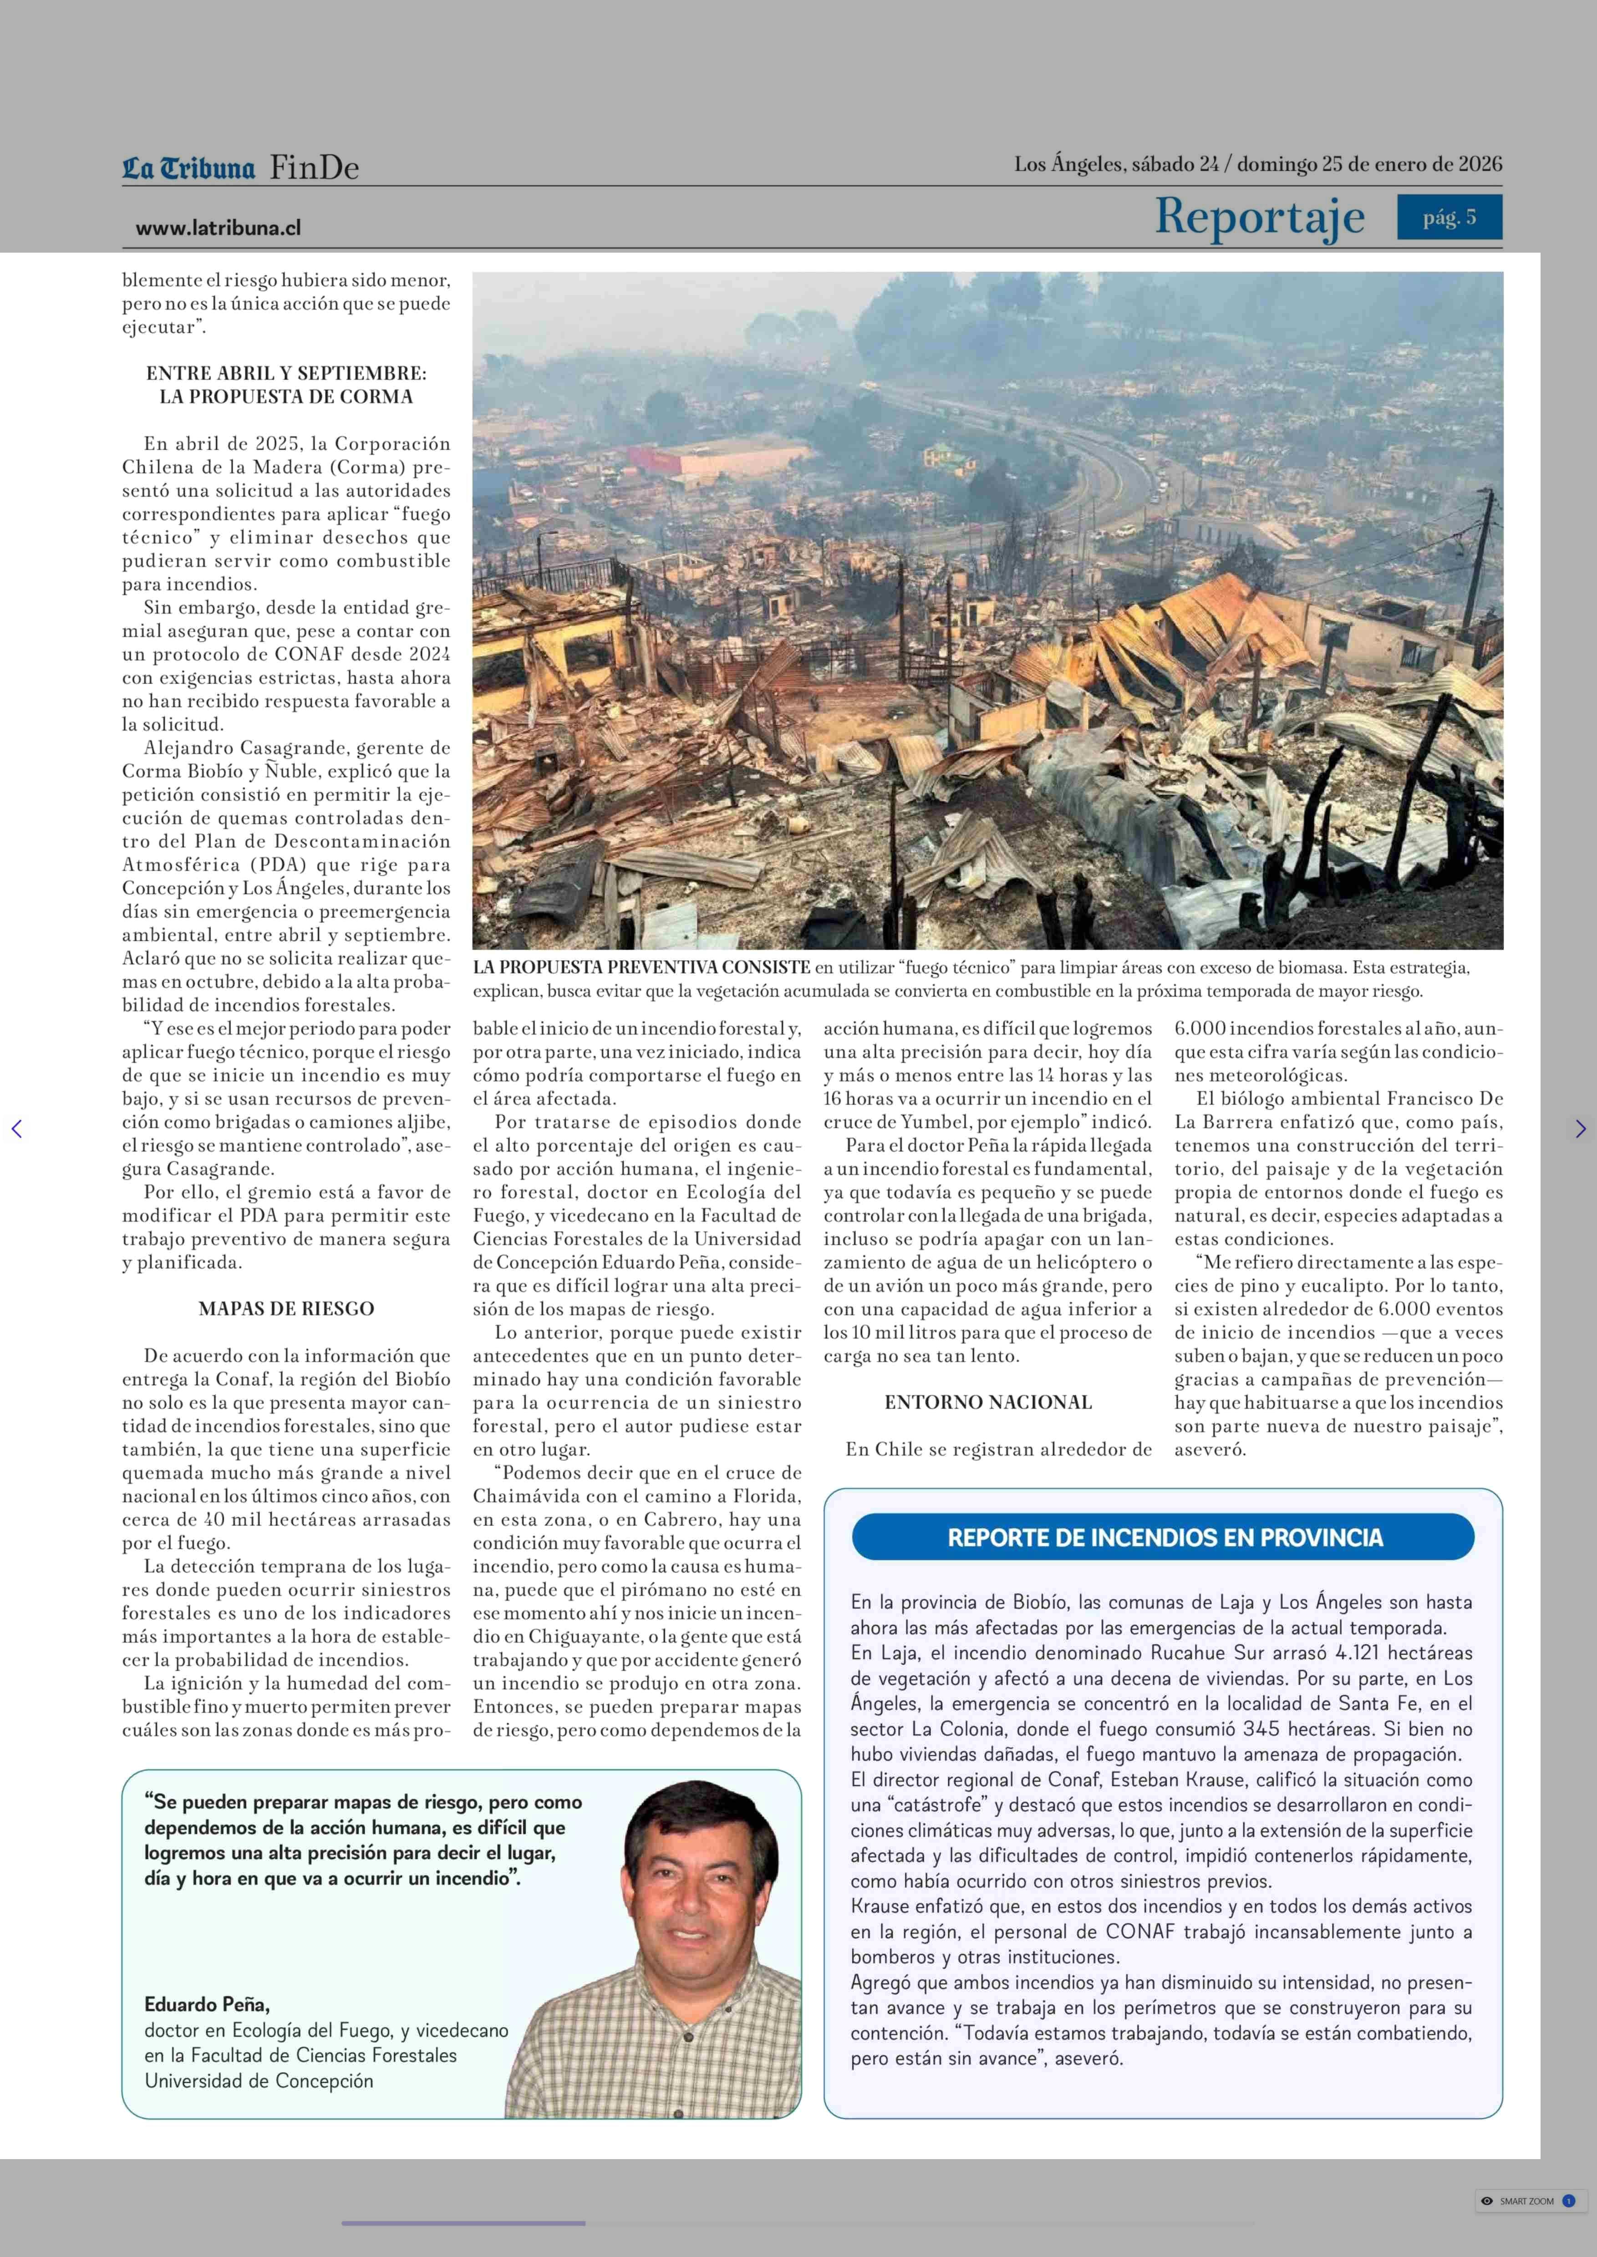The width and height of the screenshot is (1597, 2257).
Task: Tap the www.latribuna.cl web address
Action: (x=219, y=228)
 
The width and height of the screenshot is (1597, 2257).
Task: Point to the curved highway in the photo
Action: (x=1101, y=462)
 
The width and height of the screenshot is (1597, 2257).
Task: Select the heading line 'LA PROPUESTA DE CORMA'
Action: (x=286, y=396)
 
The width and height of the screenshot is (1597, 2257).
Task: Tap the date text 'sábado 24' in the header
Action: (x=1175, y=164)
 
